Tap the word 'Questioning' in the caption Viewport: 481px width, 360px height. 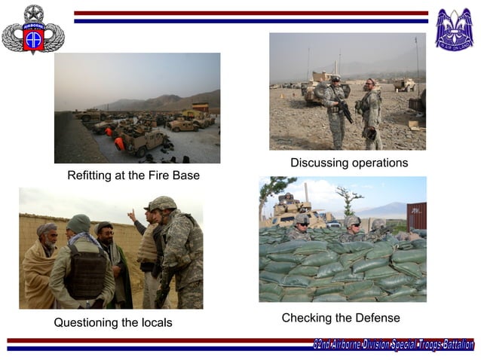click(x=85, y=322)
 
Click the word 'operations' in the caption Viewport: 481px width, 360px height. click(x=380, y=163)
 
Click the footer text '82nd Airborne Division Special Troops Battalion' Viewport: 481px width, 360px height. click(x=393, y=345)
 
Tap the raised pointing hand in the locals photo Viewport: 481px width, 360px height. click(x=132, y=215)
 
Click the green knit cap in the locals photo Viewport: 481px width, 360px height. click(x=78, y=223)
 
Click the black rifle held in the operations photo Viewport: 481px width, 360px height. click(x=346, y=112)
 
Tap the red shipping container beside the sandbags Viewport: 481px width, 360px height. click(x=416, y=216)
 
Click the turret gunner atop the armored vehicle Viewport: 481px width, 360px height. click(x=287, y=200)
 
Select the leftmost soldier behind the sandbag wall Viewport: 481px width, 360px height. click(x=302, y=224)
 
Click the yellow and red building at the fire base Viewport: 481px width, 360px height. click(x=200, y=107)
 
